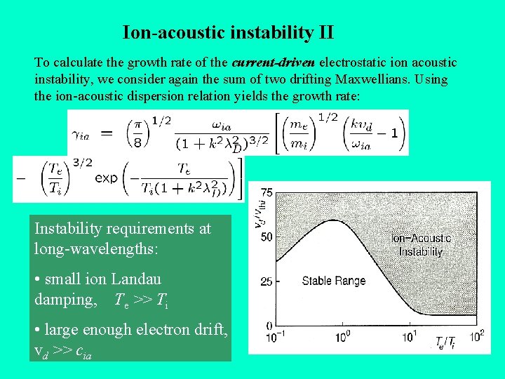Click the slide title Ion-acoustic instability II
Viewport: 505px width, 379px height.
pos(228,32)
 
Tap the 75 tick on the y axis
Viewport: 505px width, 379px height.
pos(267,192)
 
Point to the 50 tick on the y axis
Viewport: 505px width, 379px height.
pos(267,237)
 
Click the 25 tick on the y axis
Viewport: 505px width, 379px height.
pos(267,281)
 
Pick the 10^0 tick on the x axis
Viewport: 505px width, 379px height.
pos(343,338)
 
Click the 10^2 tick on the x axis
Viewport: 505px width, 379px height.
pos(476,336)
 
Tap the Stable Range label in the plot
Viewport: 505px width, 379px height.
pos(333,281)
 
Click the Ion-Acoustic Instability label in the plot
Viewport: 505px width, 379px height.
pos(421,245)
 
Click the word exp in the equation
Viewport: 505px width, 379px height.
pos(106,178)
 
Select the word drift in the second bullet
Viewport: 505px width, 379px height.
pos(209,329)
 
